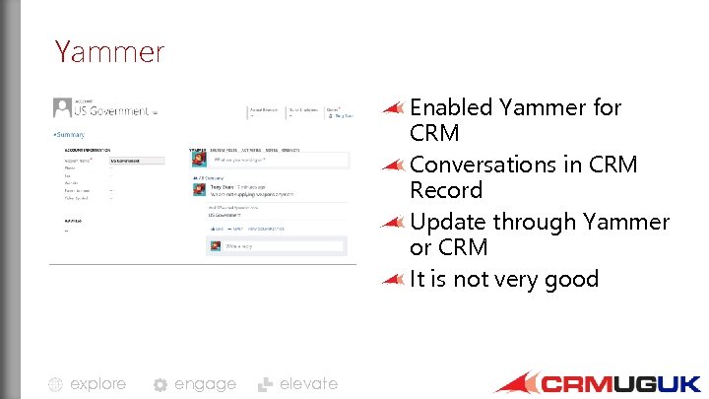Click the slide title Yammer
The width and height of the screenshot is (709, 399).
point(109,50)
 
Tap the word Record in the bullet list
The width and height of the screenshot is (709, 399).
point(446,190)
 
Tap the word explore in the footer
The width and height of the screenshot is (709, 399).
point(97,383)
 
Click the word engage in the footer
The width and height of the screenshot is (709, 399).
point(205,383)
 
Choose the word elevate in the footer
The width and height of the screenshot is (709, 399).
point(308,383)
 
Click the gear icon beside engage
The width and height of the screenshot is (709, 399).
point(161,384)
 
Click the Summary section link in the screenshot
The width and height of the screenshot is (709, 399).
point(69,134)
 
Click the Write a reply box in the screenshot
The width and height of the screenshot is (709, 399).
point(275,245)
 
